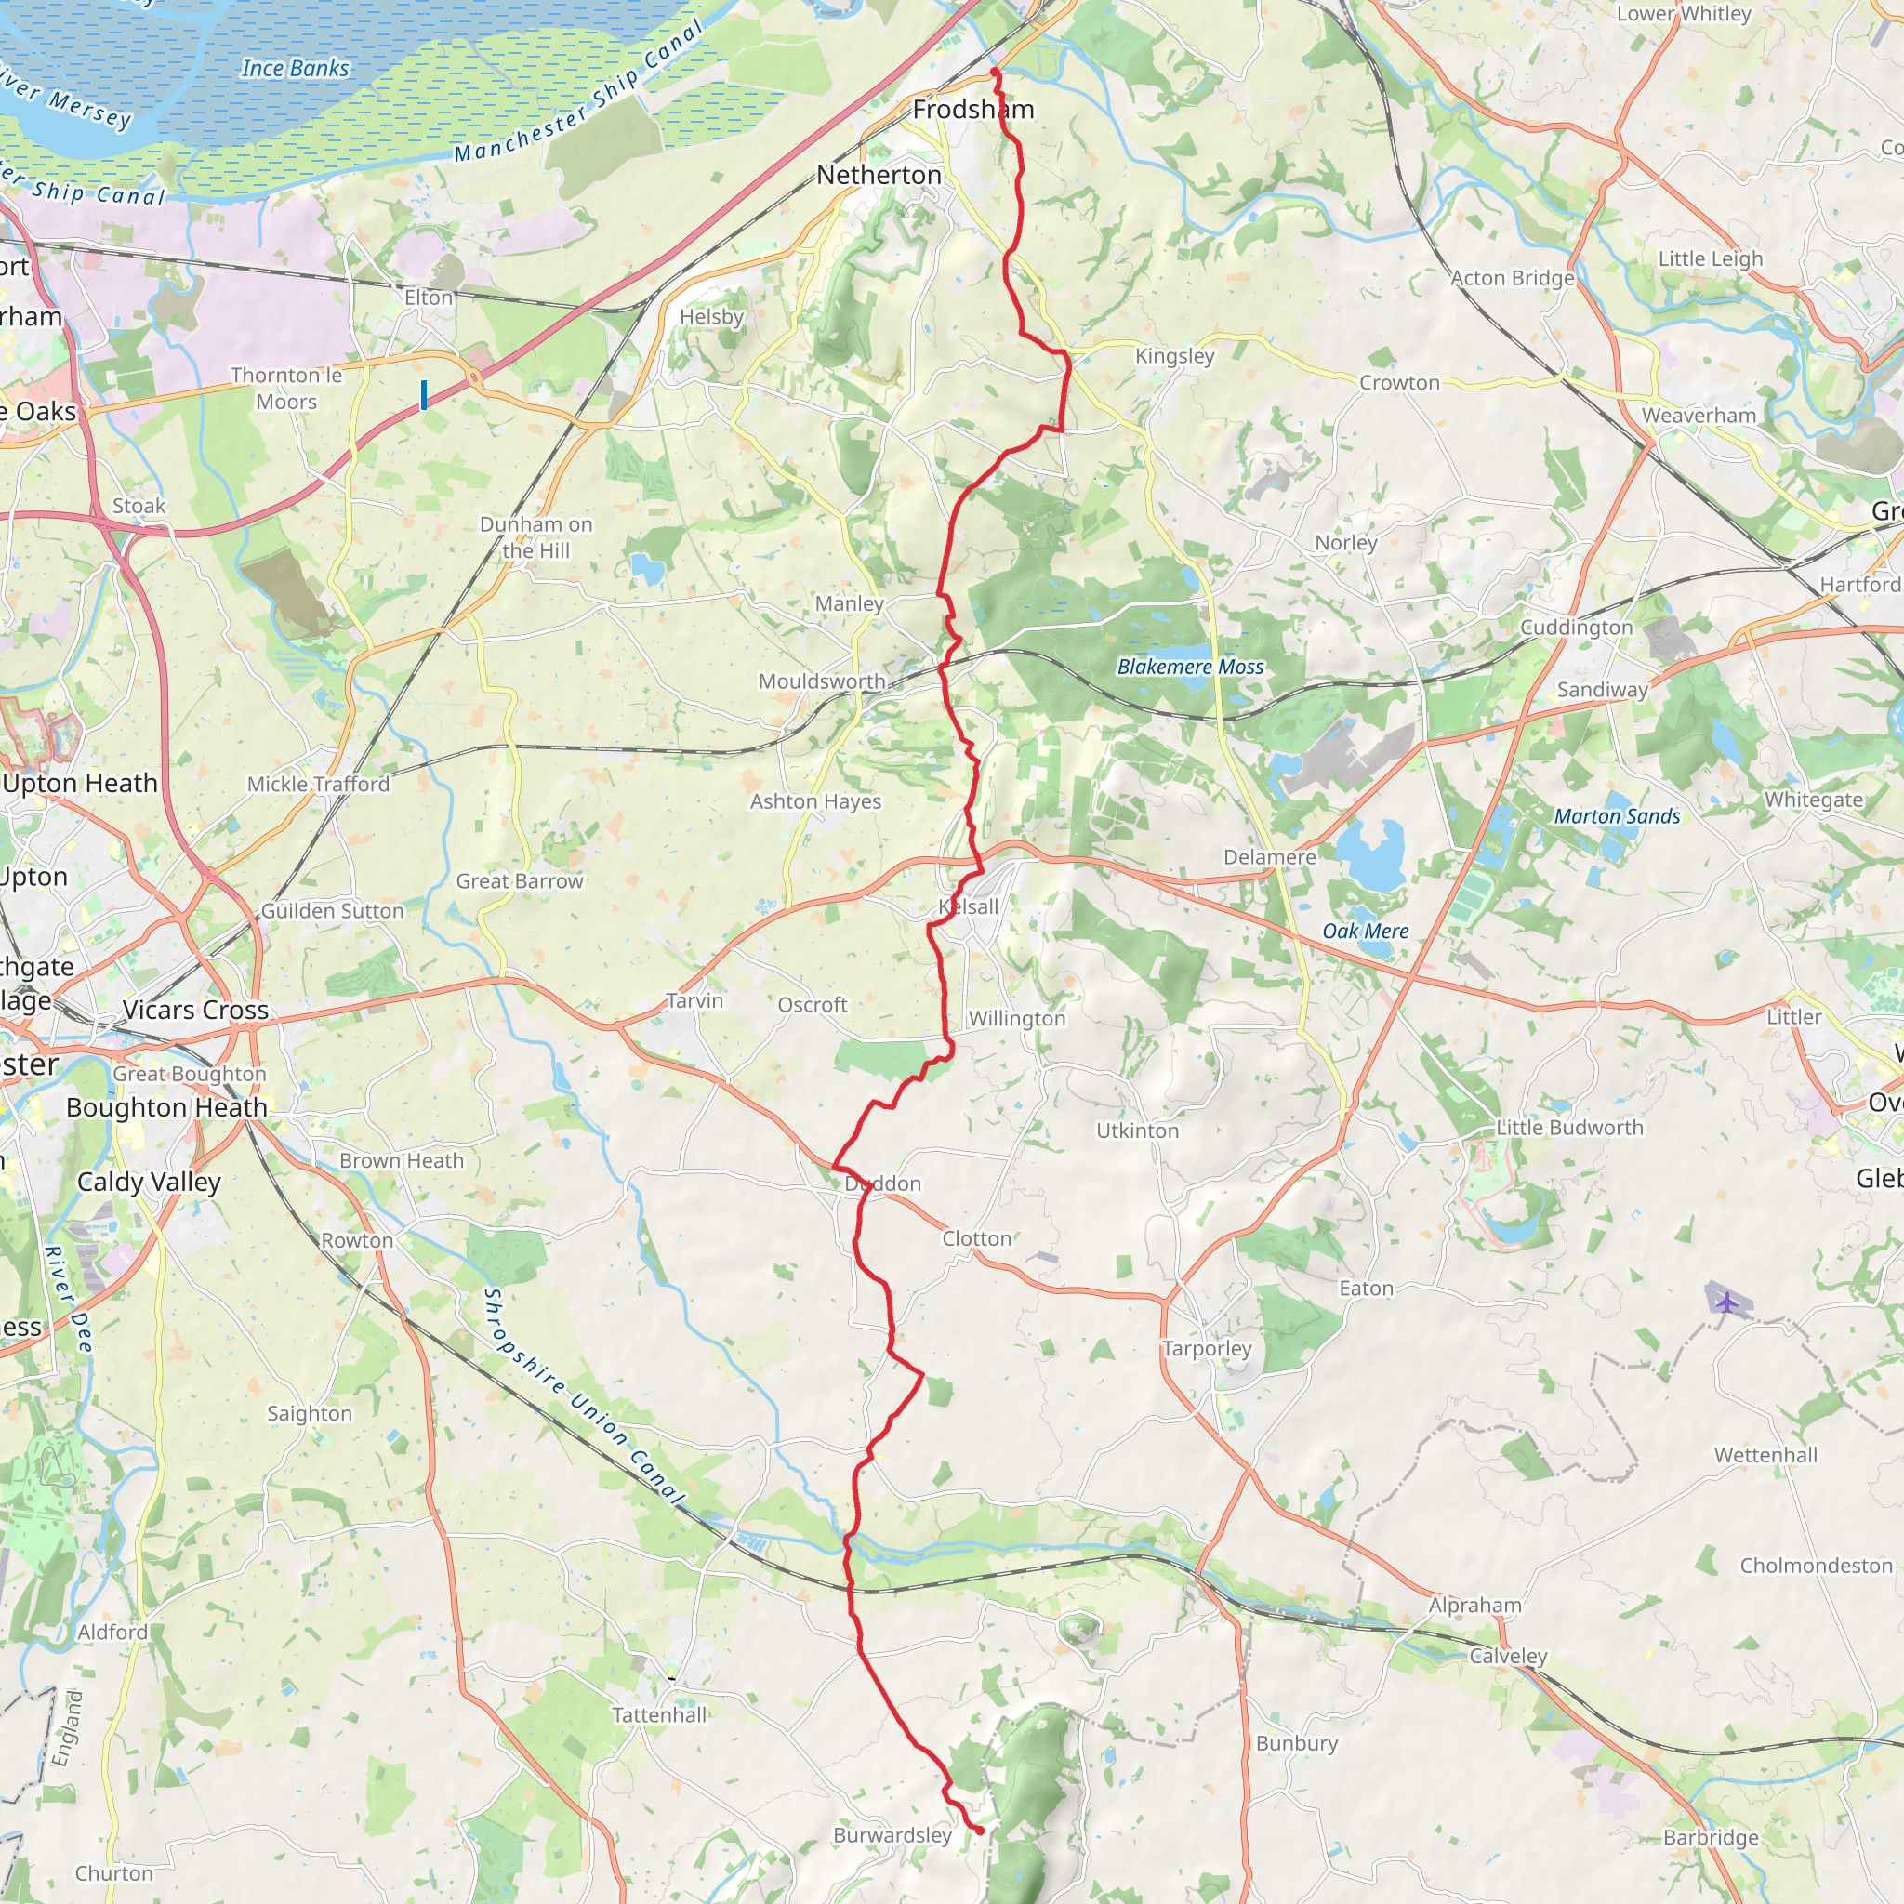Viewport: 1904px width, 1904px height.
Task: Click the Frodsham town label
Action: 972,110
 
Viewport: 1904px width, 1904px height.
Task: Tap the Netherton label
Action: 879,176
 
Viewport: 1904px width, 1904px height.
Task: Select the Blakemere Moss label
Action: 1191,668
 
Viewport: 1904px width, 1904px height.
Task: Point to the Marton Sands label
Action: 1618,816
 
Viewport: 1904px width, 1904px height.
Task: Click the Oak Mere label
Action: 1365,932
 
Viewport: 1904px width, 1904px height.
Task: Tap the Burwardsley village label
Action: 892,1835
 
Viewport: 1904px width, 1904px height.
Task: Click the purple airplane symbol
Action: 1725,1302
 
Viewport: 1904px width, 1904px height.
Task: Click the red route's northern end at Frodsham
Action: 996,72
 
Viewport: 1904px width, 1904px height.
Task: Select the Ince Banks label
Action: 295,68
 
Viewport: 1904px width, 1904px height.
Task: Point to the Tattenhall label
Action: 659,1714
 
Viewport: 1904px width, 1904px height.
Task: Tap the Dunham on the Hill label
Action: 536,537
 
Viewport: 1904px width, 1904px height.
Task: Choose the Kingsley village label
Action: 1175,356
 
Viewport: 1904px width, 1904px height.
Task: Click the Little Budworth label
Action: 1570,1128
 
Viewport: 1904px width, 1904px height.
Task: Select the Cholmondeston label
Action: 1817,1565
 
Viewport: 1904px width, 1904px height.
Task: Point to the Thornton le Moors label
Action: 286,389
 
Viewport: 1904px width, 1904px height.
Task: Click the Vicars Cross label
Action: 196,1011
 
